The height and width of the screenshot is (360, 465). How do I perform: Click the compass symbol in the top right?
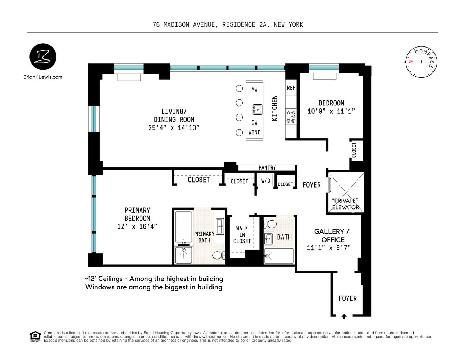coord(421,62)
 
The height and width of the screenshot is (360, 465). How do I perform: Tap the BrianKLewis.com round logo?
coord(43,57)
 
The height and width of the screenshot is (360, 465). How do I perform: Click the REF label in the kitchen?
coord(291,88)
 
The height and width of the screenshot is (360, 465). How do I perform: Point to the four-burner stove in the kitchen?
coord(291,117)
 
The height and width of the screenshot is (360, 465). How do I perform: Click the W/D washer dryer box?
coord(266,181)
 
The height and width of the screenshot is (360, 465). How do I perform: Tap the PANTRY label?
coord(267,168)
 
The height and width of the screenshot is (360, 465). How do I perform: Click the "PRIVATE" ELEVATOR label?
coord(345,204)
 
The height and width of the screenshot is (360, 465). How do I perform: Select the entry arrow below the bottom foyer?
coord(344,317)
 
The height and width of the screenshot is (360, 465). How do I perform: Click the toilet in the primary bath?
coord(218,255)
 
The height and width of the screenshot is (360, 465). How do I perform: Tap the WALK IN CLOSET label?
coord(242,235)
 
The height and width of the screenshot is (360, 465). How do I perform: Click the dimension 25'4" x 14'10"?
coord(174,128)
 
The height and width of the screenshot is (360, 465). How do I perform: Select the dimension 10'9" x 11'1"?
coord(331,112)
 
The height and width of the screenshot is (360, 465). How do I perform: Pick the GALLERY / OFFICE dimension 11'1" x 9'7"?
coord(328,248)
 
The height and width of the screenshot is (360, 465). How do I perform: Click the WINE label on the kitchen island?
coord(254,132)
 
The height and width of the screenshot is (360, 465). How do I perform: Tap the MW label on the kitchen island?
coord(254,90)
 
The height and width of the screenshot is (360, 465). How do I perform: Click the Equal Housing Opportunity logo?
coord(35,336)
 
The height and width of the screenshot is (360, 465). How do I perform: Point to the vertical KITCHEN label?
coord(274,108)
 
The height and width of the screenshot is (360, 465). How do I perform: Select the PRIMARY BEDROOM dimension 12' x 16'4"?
coord(137,226)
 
